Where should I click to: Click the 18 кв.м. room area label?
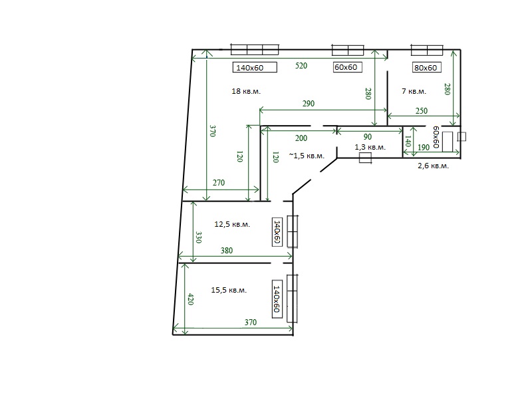coord(246,91)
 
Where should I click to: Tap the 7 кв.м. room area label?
coord(414,91)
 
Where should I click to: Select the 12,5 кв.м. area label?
coord(232,224)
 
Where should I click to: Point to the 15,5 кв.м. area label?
coord(229,290)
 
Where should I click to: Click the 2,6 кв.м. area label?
coord(433,166)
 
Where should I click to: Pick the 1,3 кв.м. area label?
coord(370,147)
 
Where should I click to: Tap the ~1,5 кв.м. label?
coord(307,156)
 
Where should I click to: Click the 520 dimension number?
coord(301,65)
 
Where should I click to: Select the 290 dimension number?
coord(309,104)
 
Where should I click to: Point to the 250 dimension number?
coord(422,111)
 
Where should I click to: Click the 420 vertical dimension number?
coord(191,299)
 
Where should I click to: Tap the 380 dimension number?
coord(227,251)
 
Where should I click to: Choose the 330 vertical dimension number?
coord(199,237)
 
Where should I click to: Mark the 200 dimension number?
coord(301,138)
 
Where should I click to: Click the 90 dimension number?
coord(368,137)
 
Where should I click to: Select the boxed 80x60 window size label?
coord(426,68)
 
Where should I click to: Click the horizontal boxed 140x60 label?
coord(255,68)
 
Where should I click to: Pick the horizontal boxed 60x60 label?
coord(347,67)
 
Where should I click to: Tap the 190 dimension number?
coord(424,147)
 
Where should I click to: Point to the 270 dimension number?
coord(219,182)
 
